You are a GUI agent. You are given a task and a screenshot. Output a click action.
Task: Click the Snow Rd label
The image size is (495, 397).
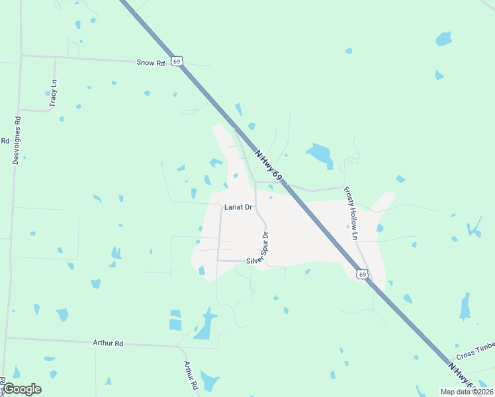coord(150,63)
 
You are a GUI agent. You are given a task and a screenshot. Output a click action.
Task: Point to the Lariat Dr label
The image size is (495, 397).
coord(238,207)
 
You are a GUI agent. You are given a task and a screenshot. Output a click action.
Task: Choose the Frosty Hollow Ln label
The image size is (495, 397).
coord(350,213)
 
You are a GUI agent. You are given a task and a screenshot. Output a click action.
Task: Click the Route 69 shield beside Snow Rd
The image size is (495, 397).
coord(175,61)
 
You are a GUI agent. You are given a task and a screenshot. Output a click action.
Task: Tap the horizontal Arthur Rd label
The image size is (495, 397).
coord(108,343)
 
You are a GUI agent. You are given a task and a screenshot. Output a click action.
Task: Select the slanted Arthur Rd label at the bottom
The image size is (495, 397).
coord(191,375)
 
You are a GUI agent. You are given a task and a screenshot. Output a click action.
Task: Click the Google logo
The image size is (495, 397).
coord(22,389)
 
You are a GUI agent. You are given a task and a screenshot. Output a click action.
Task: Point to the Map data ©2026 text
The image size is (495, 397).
coord(467,392)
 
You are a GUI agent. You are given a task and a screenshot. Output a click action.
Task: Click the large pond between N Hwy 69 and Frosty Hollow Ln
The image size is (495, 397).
coord(320,155)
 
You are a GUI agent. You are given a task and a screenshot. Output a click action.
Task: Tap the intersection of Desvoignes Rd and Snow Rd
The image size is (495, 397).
coord(21,56)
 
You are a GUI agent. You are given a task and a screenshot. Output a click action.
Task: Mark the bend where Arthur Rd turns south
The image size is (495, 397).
coord(179,347)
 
